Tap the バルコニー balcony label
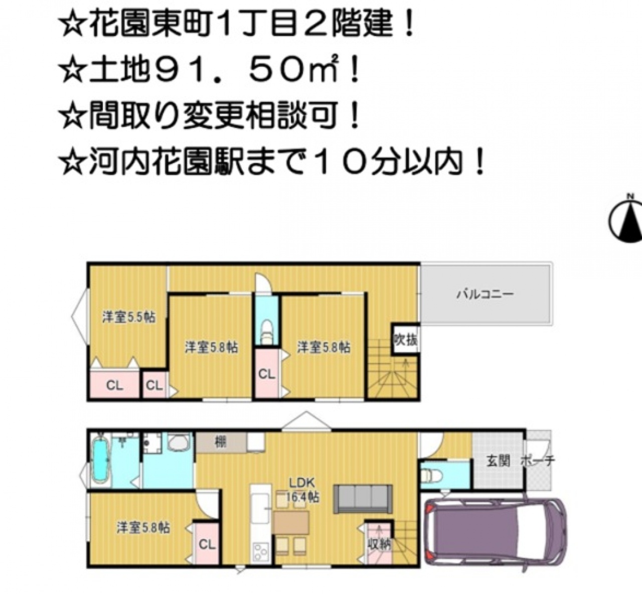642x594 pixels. point(485,294)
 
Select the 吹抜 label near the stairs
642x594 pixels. point(406,340)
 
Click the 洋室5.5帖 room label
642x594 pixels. point(129,317)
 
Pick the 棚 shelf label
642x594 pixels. point(221,442)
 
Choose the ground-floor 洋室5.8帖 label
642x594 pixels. point(143,528)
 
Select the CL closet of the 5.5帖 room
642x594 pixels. point(114,385)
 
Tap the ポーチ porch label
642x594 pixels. point(538,461)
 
